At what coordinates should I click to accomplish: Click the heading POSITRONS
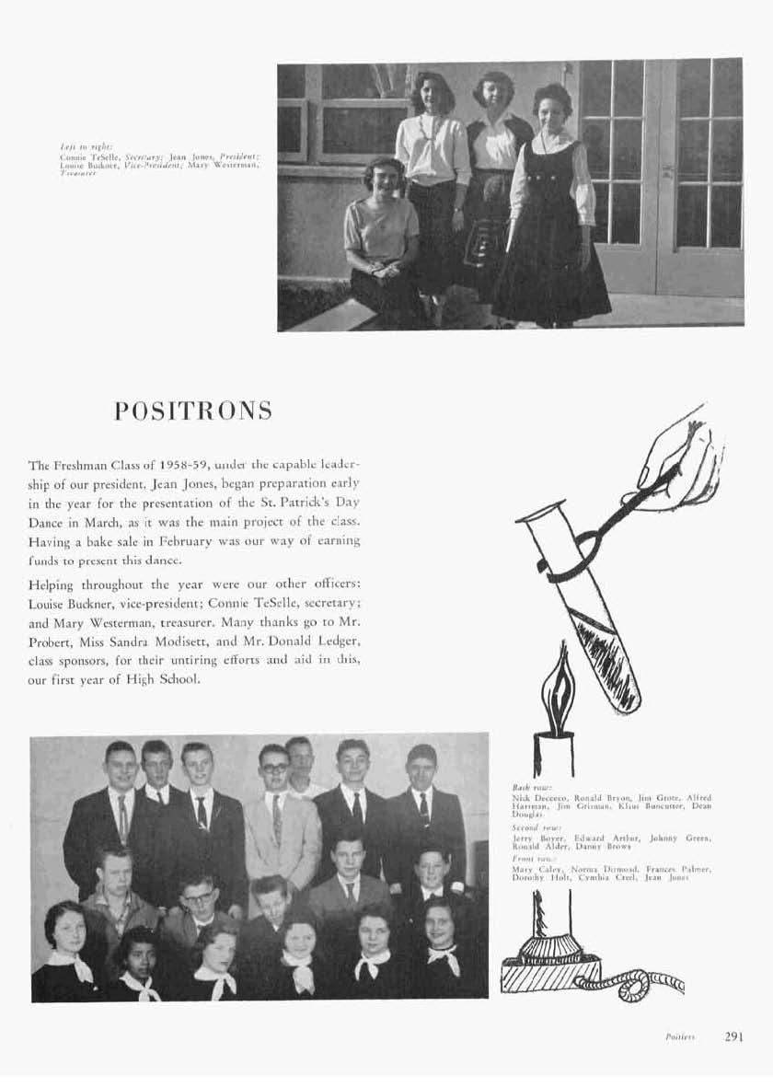coord(193,411)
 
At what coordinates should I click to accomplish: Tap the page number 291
coord(733,1035)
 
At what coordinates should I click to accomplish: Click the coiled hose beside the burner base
coord(644,984)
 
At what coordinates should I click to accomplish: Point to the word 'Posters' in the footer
coord(679,1036)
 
